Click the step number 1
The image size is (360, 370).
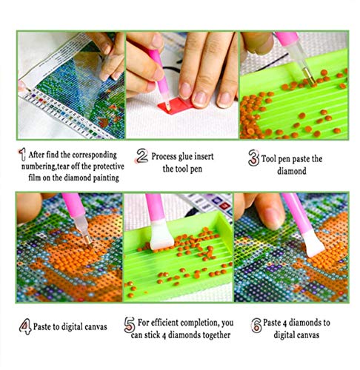(22, 155)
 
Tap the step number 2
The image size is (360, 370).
(142, 156)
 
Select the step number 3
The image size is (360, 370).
(253, 158)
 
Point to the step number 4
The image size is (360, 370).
(25, 326)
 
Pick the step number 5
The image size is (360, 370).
(130, 325)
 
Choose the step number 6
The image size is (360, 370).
(256, 325)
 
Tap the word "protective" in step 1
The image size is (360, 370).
(109, 166)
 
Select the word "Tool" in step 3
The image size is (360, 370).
(268, 159)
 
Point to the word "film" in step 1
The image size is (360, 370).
(35, 178)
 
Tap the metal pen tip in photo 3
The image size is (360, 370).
(310, 76)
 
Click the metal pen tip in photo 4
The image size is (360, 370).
(87, 239)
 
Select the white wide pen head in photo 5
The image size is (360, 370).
(161, 234)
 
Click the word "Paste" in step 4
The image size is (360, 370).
(41, 326)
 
